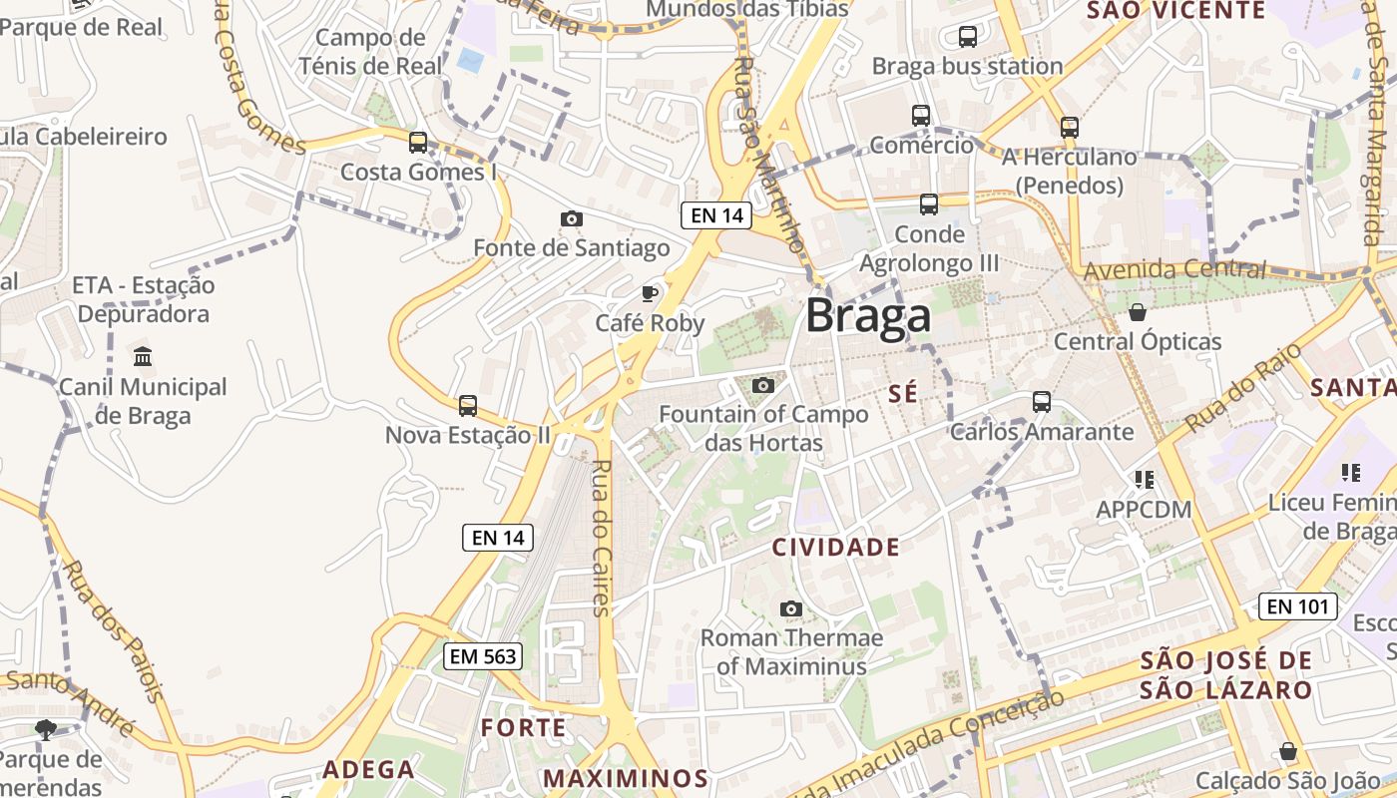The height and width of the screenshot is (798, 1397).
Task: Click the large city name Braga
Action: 868,315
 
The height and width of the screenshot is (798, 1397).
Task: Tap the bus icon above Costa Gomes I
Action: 418,143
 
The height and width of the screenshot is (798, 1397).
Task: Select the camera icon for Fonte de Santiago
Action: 571,218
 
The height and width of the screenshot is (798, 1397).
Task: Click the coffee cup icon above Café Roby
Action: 650,293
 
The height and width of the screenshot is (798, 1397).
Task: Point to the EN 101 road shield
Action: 1297,605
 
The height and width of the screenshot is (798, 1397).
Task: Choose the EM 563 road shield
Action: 483,655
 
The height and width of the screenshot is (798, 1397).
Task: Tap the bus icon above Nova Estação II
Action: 467,406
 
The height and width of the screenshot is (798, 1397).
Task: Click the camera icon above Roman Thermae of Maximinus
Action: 790,608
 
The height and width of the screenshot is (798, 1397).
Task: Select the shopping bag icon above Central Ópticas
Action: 1137,313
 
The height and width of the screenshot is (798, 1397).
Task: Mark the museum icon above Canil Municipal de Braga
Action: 142,357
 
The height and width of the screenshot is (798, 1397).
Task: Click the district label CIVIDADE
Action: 836,547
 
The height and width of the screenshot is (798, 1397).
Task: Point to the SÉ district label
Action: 902,394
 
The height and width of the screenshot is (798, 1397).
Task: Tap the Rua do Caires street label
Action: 600,539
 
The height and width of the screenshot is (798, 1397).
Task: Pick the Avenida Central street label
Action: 1174,269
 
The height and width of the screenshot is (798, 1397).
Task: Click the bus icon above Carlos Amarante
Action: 1041,402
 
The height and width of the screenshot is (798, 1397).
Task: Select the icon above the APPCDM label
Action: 1144,480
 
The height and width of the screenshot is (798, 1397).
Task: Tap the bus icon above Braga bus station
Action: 967,37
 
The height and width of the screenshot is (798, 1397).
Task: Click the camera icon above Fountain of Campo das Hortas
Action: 763,385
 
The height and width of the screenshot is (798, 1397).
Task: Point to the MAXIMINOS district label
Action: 626,778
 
